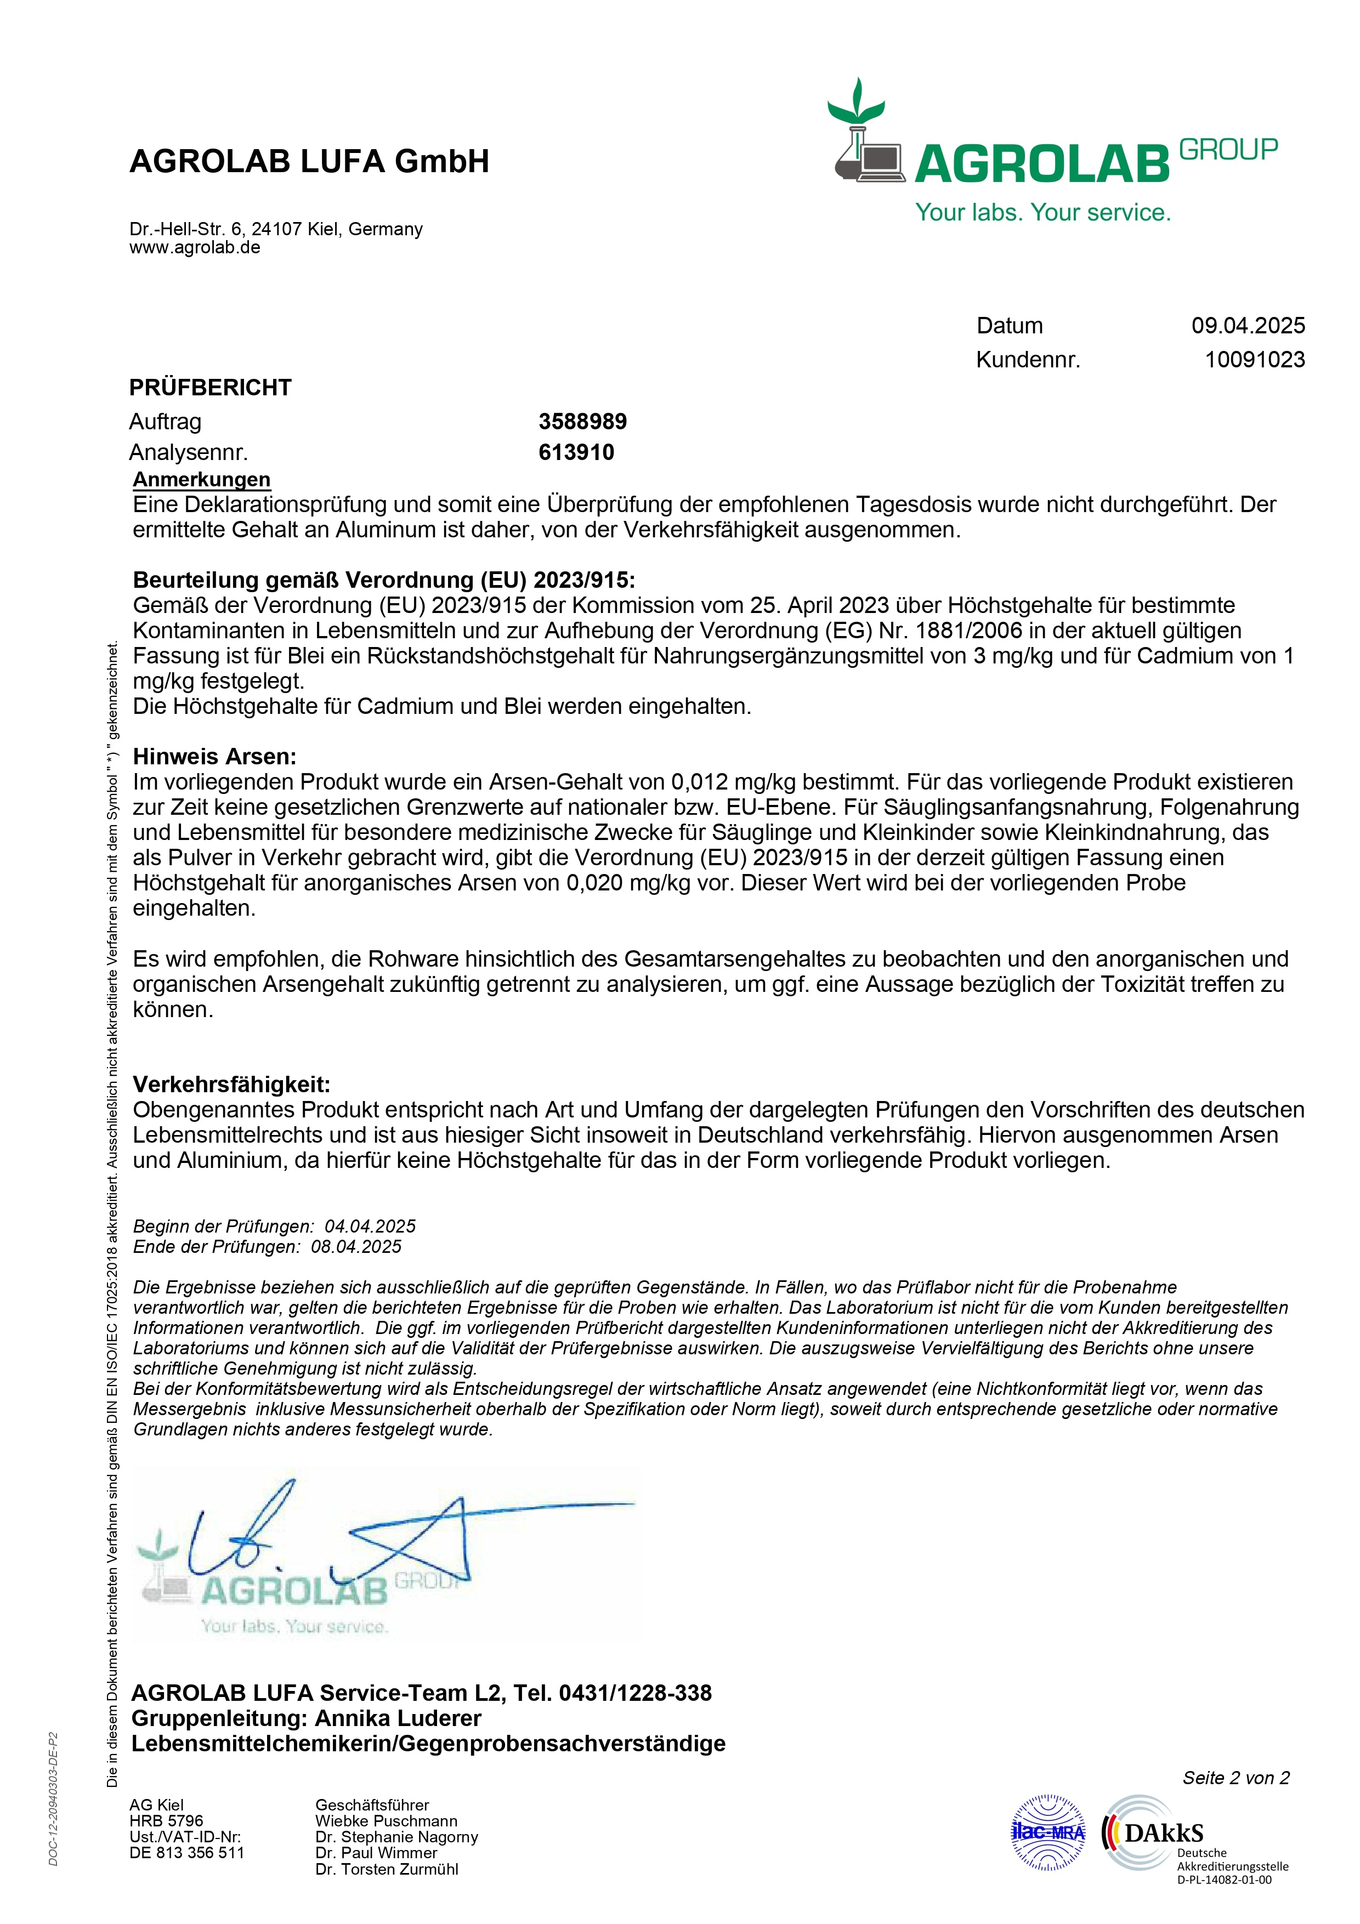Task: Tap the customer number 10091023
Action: click(1254, 360)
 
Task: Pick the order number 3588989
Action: click(582, 422)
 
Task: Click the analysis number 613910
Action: click(576, 452)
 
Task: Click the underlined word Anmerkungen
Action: click(202, 479)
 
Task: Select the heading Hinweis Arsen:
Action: click(214, 757)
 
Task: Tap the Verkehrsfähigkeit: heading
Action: click(231, 1085)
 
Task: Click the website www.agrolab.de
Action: click(195, 247)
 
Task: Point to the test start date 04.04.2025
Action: click(370, 1226)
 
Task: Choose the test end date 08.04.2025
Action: click(356, 1246)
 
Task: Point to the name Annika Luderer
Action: click(398, 1718)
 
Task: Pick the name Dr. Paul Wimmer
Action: click(376, 1853)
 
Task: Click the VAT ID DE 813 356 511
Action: click(187, 1853)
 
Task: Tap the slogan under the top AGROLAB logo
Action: click(1042, 212)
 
